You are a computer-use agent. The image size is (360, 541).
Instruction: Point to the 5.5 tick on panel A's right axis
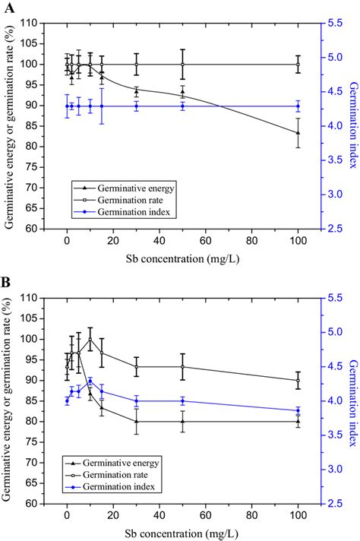tap(335, 23)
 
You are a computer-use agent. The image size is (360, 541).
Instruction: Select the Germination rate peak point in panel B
tap(90, 339)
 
